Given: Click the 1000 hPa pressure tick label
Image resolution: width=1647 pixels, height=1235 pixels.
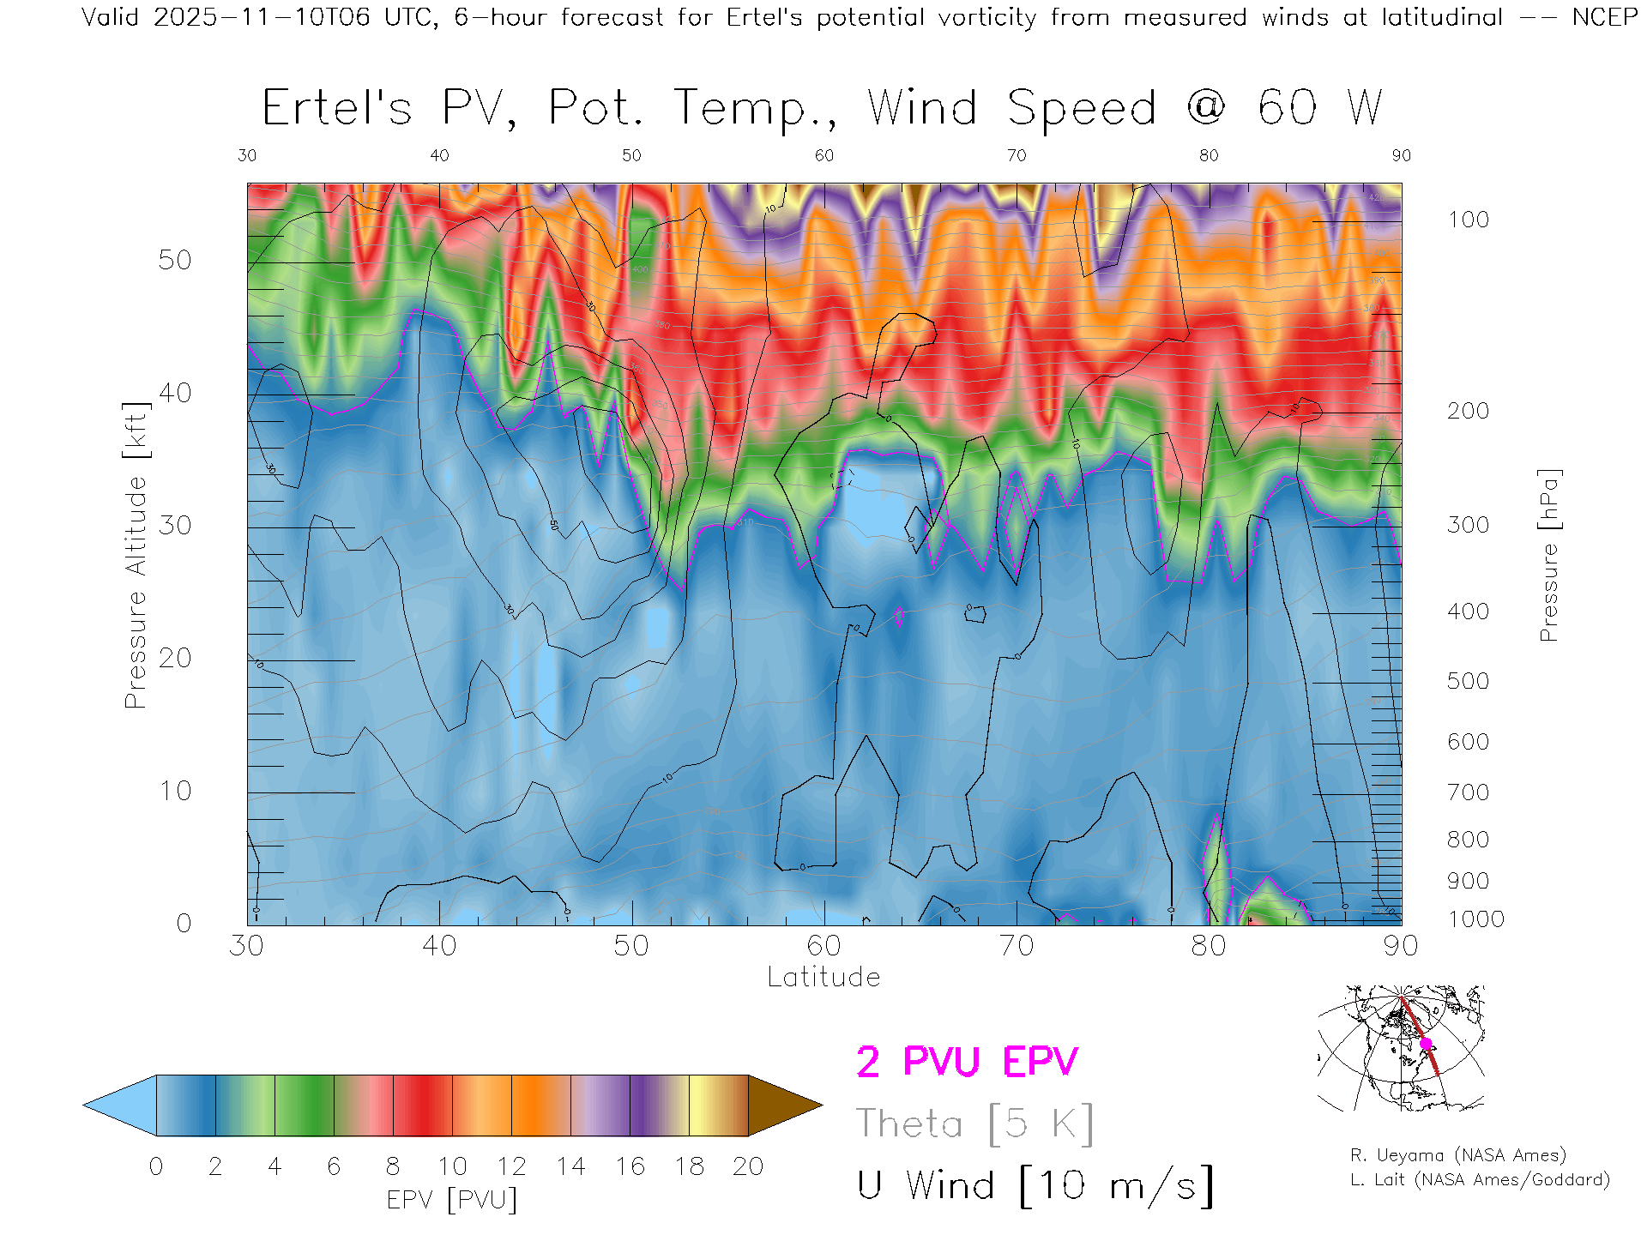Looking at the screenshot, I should [x=1475, y=919].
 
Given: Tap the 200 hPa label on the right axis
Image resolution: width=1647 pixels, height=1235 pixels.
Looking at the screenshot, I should [x=1468, y=411].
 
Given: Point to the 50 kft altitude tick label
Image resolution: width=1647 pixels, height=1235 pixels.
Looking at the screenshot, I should [x=174, y=260].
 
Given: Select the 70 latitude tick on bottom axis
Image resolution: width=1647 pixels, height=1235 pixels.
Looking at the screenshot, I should [x=1016, y=946].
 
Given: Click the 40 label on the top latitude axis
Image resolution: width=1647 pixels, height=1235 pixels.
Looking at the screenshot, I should [x=439, y=155].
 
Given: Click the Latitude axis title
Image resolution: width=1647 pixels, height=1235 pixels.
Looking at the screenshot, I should [x=823, y=977].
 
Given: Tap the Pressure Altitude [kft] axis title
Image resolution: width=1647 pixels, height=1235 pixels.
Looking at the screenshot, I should [x=136, y=555].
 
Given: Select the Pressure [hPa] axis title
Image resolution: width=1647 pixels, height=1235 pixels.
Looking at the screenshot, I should [x=1548, y=555].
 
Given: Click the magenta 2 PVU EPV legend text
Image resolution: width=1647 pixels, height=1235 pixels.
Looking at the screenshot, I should [x=967, y=1062].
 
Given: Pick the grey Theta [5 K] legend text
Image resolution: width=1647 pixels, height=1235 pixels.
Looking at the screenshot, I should [x=974, y=1124].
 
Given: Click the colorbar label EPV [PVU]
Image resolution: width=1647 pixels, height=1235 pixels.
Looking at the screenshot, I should [x=452, y=1199].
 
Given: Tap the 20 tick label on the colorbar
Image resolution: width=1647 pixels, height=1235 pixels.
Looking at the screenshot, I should [x=748, y=1166].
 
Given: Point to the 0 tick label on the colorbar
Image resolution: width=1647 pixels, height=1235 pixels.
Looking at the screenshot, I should [x=156, y=1166].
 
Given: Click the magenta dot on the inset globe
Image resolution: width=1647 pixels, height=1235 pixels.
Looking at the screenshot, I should [x=1426, y=1044].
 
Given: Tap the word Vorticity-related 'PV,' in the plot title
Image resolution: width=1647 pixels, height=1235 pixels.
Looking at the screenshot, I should [x=480, y=109].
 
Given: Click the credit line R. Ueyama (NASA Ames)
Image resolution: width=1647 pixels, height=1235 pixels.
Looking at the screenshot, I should [x=1457, y=1155].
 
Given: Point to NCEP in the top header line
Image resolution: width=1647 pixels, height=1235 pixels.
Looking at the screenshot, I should [x=1605, y=17].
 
